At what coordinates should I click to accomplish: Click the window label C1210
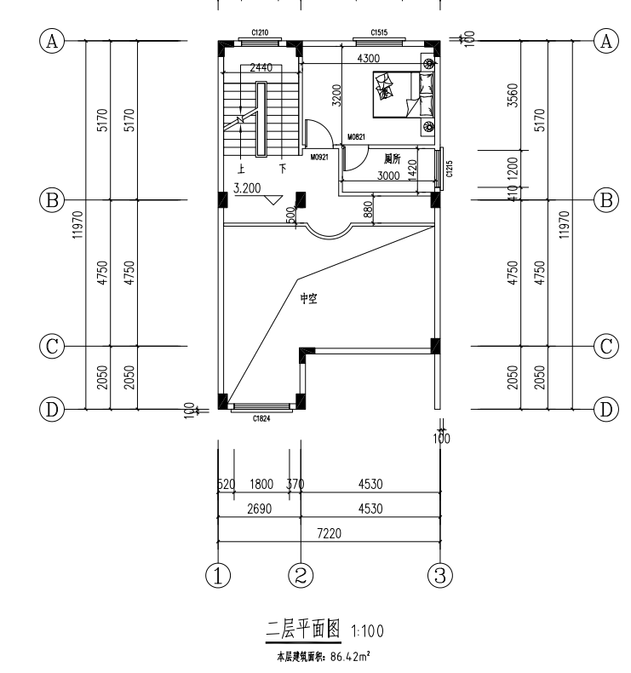260,32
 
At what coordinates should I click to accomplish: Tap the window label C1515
379,32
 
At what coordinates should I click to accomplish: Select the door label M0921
320,158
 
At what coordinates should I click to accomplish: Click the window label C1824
261,418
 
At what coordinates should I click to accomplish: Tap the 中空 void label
308,299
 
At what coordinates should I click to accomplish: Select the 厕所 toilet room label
392,158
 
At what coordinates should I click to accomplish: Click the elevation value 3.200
246,189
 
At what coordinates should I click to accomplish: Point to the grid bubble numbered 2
299,574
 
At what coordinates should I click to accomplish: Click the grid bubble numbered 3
439,574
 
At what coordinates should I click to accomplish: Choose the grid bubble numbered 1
219,574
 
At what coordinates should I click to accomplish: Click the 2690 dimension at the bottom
255,508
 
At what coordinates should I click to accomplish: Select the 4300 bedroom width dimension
368,58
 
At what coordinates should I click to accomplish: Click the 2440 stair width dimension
261,66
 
